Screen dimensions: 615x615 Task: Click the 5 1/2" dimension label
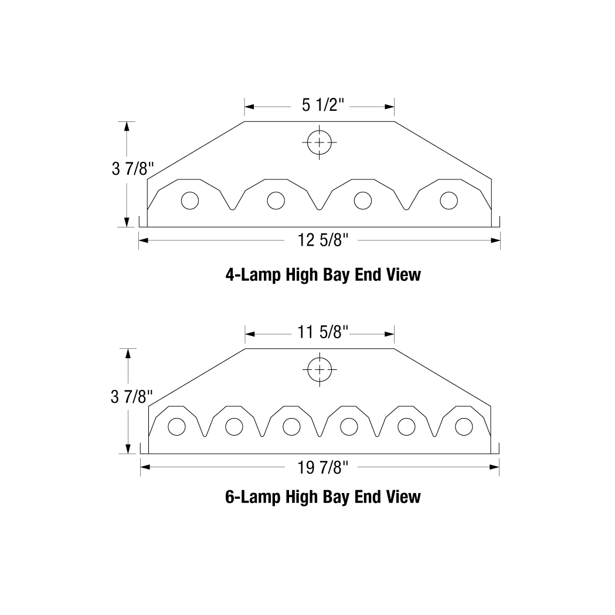(319, 106)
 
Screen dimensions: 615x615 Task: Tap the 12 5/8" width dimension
(320, 240)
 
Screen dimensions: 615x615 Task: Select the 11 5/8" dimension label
(320, 333)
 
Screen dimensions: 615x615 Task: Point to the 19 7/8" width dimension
(320, 467)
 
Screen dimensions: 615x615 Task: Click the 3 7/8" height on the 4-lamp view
(132, 169)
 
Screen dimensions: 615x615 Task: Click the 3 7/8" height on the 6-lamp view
(132, 397)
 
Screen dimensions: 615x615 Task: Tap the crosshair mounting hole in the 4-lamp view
(319, 142)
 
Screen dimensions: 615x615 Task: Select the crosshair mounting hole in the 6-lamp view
(319, 369)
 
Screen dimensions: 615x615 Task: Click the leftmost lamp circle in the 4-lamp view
(189, 201)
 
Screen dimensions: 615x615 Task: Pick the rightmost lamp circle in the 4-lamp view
(448, 201)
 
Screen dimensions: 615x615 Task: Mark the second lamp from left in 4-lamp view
(276, 201)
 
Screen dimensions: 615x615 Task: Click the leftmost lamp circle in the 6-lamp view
(176, 427)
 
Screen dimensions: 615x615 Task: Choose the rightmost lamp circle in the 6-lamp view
(463, 427)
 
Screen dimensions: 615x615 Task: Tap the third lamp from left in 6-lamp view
(291, 427)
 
